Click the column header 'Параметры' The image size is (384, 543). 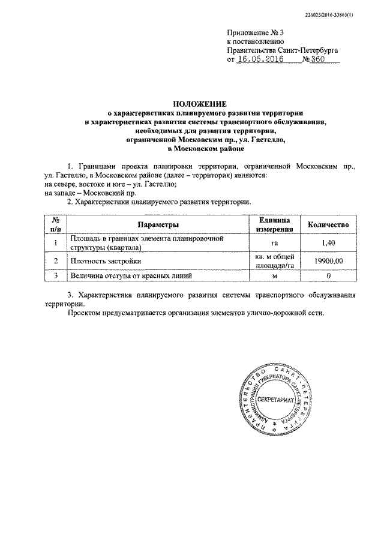[x=158, y=224]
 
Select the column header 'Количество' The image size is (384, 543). [x=328, y=224]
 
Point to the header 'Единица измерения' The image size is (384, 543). [x=275, y=224]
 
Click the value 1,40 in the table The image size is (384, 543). [x=328, y=243]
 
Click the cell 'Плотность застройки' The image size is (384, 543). [x=106, y=262]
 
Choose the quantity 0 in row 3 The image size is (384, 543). [x=328, y=276]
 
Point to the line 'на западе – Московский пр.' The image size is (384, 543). [x=91, y=193]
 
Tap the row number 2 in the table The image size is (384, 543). [x=55, y=262]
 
